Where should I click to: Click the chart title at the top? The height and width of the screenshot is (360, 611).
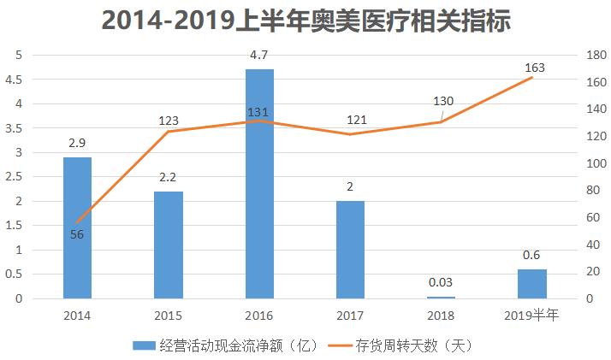pos(305,21)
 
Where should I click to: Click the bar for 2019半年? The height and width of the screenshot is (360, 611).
pos(532,284)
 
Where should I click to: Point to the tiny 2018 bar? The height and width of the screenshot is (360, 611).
pos(442,298)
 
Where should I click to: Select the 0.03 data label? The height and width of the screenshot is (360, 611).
pos(442,283)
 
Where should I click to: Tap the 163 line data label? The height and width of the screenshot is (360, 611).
pos(533,67)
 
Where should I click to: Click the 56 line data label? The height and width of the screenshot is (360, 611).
pos(77,234)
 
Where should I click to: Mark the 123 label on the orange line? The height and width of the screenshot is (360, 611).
pos(169,121)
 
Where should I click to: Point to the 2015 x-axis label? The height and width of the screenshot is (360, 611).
pos(169,316)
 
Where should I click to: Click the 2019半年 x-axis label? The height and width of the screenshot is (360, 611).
pos(532,316)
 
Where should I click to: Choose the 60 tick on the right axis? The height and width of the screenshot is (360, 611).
pos(590,217)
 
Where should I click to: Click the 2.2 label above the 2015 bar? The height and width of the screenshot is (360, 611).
pos(169,178)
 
